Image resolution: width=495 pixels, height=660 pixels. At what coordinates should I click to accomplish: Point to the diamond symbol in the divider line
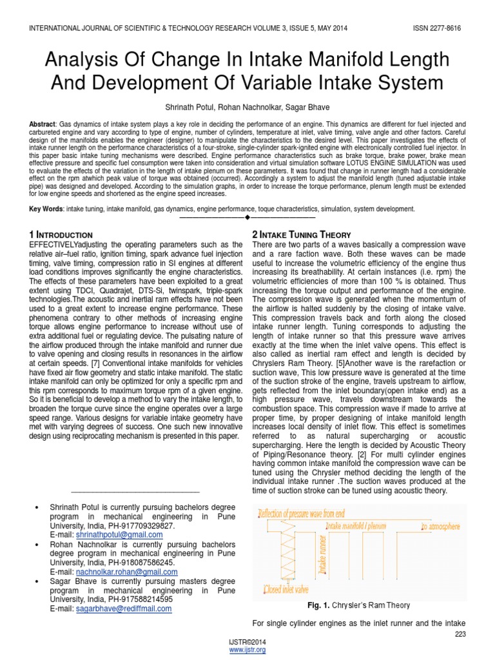[247, 217]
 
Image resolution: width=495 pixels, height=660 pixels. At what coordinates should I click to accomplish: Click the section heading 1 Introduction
[61, 235]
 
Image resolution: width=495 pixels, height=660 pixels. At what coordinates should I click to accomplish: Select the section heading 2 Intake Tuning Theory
[301, 235]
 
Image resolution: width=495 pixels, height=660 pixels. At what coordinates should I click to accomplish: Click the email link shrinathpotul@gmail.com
[119, 534]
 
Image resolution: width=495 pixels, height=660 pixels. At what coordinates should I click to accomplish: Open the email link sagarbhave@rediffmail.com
[124, 608]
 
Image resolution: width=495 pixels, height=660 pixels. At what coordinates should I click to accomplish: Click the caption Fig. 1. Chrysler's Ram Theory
[359, 605]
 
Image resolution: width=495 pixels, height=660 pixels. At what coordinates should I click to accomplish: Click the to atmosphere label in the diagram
[441, 526]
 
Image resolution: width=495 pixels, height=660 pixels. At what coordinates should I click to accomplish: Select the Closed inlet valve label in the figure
[286, 588]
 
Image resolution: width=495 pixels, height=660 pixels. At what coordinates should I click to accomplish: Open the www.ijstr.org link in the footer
[247, 650]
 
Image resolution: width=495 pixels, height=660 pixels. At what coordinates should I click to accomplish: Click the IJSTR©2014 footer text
[247, 642]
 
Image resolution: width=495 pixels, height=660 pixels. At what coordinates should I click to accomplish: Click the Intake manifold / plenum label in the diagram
[356, 526]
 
